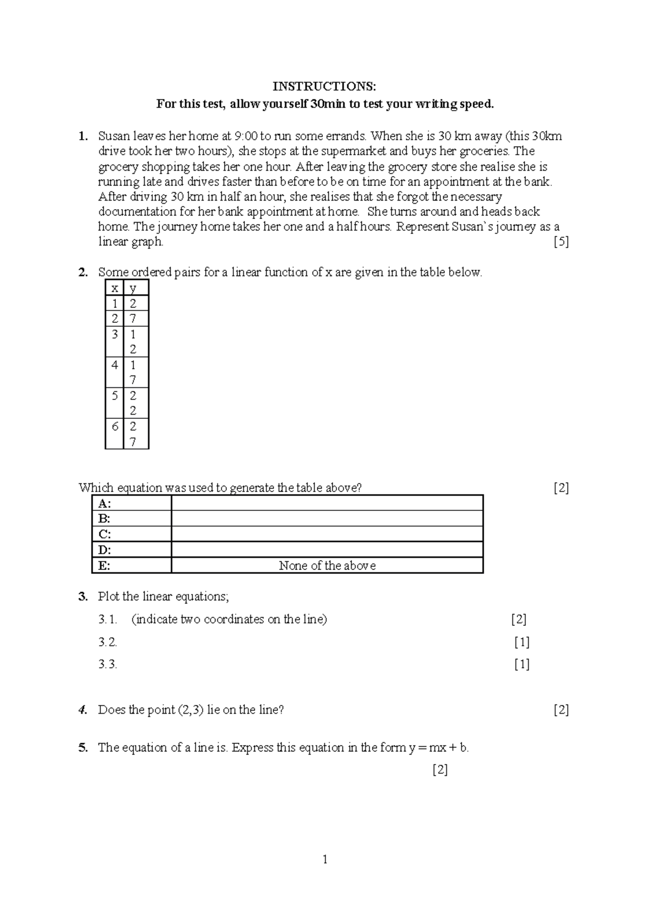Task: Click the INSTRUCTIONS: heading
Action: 324,87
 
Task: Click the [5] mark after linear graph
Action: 561,242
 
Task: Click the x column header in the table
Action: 114,288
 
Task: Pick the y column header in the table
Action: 133,288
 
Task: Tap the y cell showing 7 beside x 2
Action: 133,319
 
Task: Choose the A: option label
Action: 105,504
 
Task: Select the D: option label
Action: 105,550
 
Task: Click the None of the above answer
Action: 327,566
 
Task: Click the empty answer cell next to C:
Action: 327,534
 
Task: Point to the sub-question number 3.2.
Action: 108,643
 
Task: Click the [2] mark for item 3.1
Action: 519,619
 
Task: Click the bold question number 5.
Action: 83,748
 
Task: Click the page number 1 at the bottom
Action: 324,859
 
